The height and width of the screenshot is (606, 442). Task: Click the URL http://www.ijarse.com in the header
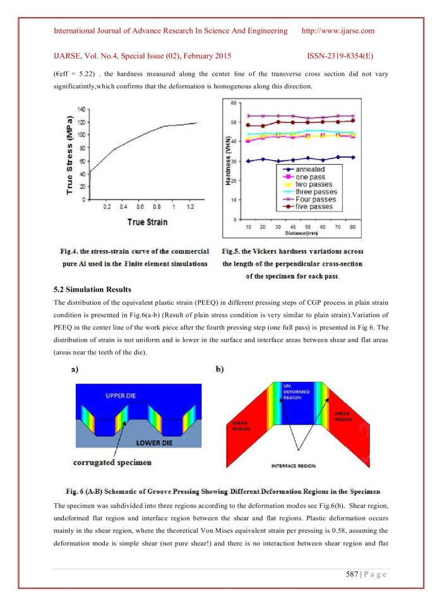point(338,31)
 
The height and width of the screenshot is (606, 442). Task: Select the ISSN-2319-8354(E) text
point(347,56)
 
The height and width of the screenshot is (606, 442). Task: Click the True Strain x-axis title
point(147,222)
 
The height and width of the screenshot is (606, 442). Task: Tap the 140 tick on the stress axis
point(81,109)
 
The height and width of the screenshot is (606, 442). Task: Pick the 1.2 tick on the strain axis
point(189,206)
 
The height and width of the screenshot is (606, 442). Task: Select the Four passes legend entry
point(315,199)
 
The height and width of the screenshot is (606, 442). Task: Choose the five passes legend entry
point(314,206)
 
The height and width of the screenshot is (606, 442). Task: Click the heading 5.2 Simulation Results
point(93,289)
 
